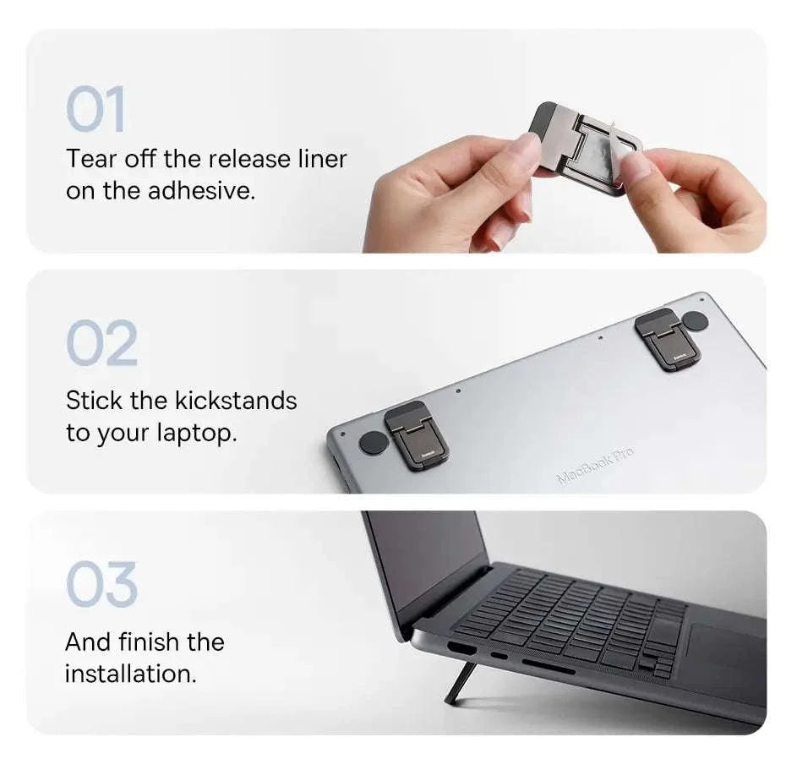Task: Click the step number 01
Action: pos(96,109)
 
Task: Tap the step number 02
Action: pos(101,344)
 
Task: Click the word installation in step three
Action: pos(130,674)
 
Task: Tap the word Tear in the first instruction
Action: pos(93,159)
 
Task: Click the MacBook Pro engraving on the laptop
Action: pos(595,465)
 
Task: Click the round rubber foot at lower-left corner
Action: pos(373,442)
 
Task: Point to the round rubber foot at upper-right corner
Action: pos(695,321)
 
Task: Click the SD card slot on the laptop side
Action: pos(548,666)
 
